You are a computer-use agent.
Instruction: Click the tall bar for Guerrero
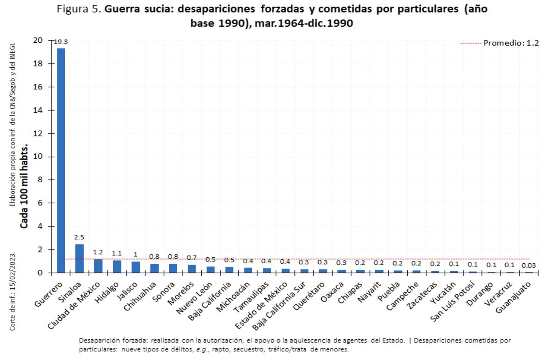[61, 160]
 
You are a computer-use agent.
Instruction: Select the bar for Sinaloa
[79, 259]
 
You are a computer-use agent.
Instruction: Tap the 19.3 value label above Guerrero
[60, 42]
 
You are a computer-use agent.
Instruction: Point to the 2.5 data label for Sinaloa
[79, 237]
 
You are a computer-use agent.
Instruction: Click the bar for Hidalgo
[117, 266]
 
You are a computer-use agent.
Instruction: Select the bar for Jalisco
[136, 267]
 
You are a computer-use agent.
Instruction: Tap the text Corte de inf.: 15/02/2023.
[13, 291]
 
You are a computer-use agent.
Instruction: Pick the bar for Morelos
[192, 268]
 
